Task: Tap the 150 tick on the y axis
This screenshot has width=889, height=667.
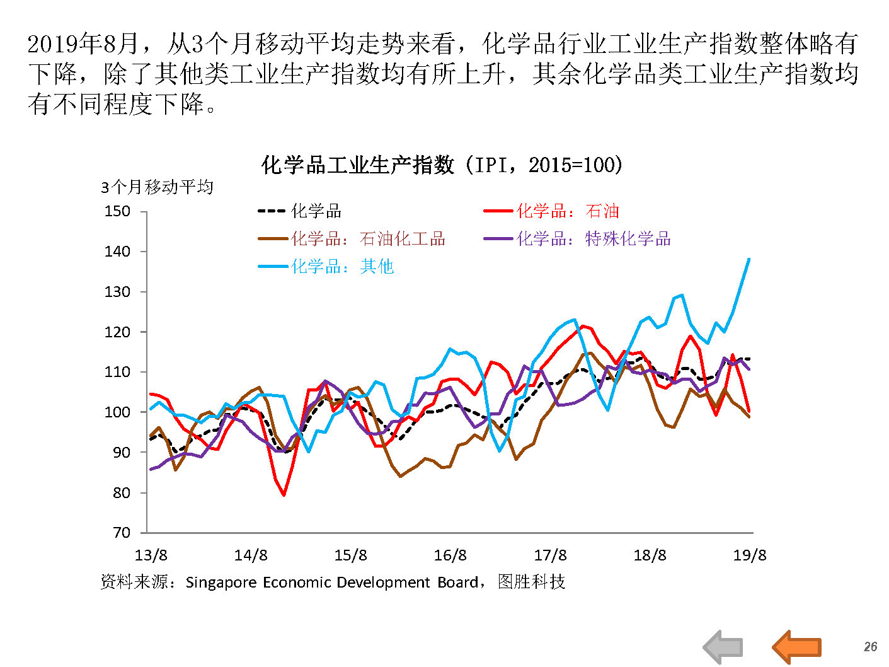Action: pyautogui.click(x=117, y=211)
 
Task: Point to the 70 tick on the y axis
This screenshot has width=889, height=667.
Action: pyautogui.click(x=121, y=533)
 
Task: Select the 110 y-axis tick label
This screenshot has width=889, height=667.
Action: pyautogui.click(x=117, y=372)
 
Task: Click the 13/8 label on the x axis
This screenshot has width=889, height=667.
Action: pyautogui.click(x=151, y=555)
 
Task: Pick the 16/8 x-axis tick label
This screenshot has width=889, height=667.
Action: pyautogui.click(x=450, y=555)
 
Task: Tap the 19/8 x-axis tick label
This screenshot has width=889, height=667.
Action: pyautogui.click(x=749, y=555)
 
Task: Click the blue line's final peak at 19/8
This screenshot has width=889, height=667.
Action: pyautogui.click(x=748, y=259)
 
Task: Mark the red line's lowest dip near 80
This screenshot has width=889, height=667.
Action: pyautogui.click(x=284, y=495)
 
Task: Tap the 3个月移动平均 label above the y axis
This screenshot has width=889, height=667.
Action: pyautogui.click(x=157, y=187)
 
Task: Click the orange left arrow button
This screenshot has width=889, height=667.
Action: pyautogui.click(x=796, y=647)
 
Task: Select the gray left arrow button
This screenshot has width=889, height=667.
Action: pyautogui.click(x=723, y=647)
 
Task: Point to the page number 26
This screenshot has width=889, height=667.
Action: pyautogui.click(x=870, y=647)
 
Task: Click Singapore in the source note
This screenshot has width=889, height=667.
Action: pyautogui.click(x=221, y=583)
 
